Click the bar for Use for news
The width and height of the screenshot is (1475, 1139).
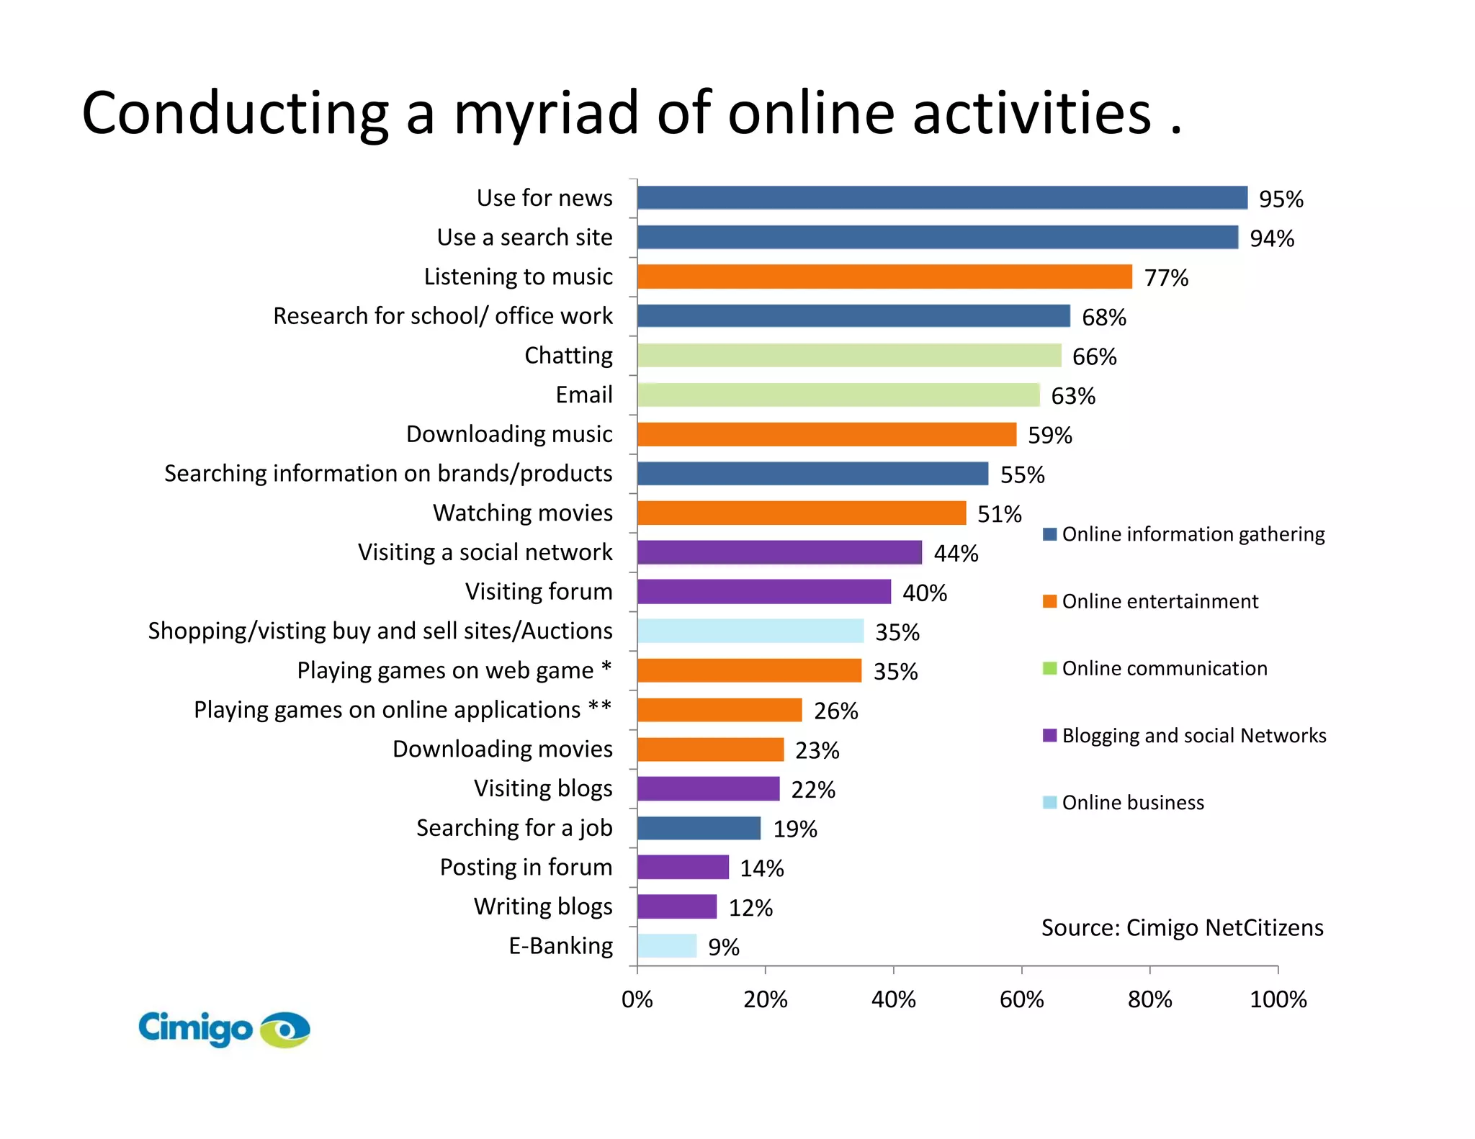942,198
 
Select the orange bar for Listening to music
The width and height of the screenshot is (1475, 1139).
884,276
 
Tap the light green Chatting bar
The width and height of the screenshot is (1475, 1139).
849,355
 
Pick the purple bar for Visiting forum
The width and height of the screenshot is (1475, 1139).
764,592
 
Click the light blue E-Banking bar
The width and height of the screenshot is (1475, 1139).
667,946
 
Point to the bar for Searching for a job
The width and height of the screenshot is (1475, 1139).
699,828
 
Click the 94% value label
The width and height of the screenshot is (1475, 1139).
1272,238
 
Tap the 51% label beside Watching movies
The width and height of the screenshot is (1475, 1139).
999,514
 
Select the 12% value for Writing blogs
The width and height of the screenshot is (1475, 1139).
750,908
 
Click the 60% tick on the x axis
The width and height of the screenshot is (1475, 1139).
1021,999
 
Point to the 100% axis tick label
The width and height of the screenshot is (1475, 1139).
1278,999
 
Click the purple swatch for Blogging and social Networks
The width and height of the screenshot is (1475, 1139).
1049,735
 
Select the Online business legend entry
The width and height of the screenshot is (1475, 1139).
1132,803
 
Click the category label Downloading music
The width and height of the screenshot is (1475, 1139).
509,434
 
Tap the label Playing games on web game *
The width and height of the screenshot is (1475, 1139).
454,670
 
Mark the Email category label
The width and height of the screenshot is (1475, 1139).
584,395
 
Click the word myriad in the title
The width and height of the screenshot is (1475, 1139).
546,114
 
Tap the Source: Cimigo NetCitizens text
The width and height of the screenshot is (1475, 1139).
1182,927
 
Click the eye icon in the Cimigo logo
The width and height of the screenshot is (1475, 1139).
285,1030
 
